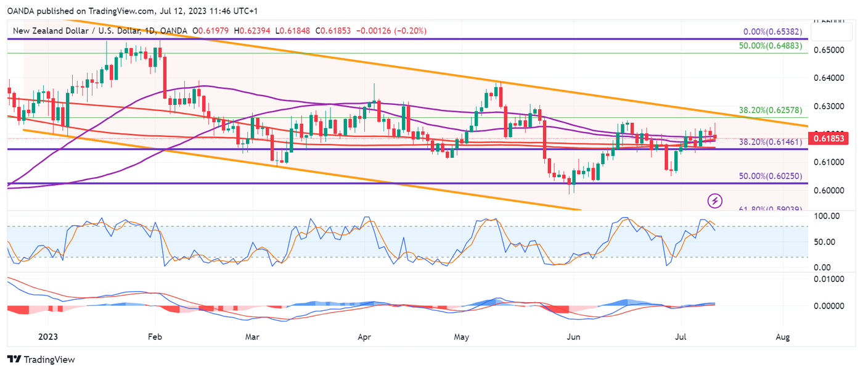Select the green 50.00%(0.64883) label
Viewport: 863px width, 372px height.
[x=771, y=46]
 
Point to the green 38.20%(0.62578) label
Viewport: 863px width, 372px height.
[x=771, y=110]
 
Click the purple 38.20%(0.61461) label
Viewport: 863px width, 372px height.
[x=771, y=141]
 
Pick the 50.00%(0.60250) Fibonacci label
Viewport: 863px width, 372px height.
[x=771, y=176]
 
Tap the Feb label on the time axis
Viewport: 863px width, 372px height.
[x=155, y=337]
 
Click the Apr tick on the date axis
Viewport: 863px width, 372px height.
[x=364, y=337]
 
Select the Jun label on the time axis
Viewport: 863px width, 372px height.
[x=574, y=337]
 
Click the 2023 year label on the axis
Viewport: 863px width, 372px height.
[x=47, y=337]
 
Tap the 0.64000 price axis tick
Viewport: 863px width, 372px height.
[x=830, y=78]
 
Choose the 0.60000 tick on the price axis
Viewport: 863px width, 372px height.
[x=830, y=190]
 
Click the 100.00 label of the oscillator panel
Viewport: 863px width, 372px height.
[x=827, y=216]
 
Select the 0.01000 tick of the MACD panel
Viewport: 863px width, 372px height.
[x=830, y=279]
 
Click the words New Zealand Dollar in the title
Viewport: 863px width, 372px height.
[x=51, y=31]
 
